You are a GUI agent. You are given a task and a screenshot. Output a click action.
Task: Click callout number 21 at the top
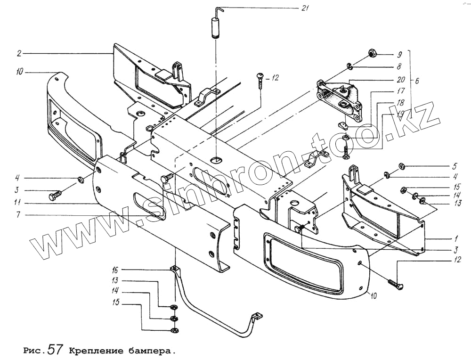[305, 8]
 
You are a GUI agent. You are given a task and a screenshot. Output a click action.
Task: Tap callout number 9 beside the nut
[398, 53]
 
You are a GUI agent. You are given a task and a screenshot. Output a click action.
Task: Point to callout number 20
[401, 80]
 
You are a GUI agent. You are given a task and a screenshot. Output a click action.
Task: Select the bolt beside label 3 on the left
[55, 194]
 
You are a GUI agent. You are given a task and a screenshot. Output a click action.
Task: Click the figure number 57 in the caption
[55, 350]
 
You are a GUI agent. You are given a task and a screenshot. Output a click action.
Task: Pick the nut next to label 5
[403, 166]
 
